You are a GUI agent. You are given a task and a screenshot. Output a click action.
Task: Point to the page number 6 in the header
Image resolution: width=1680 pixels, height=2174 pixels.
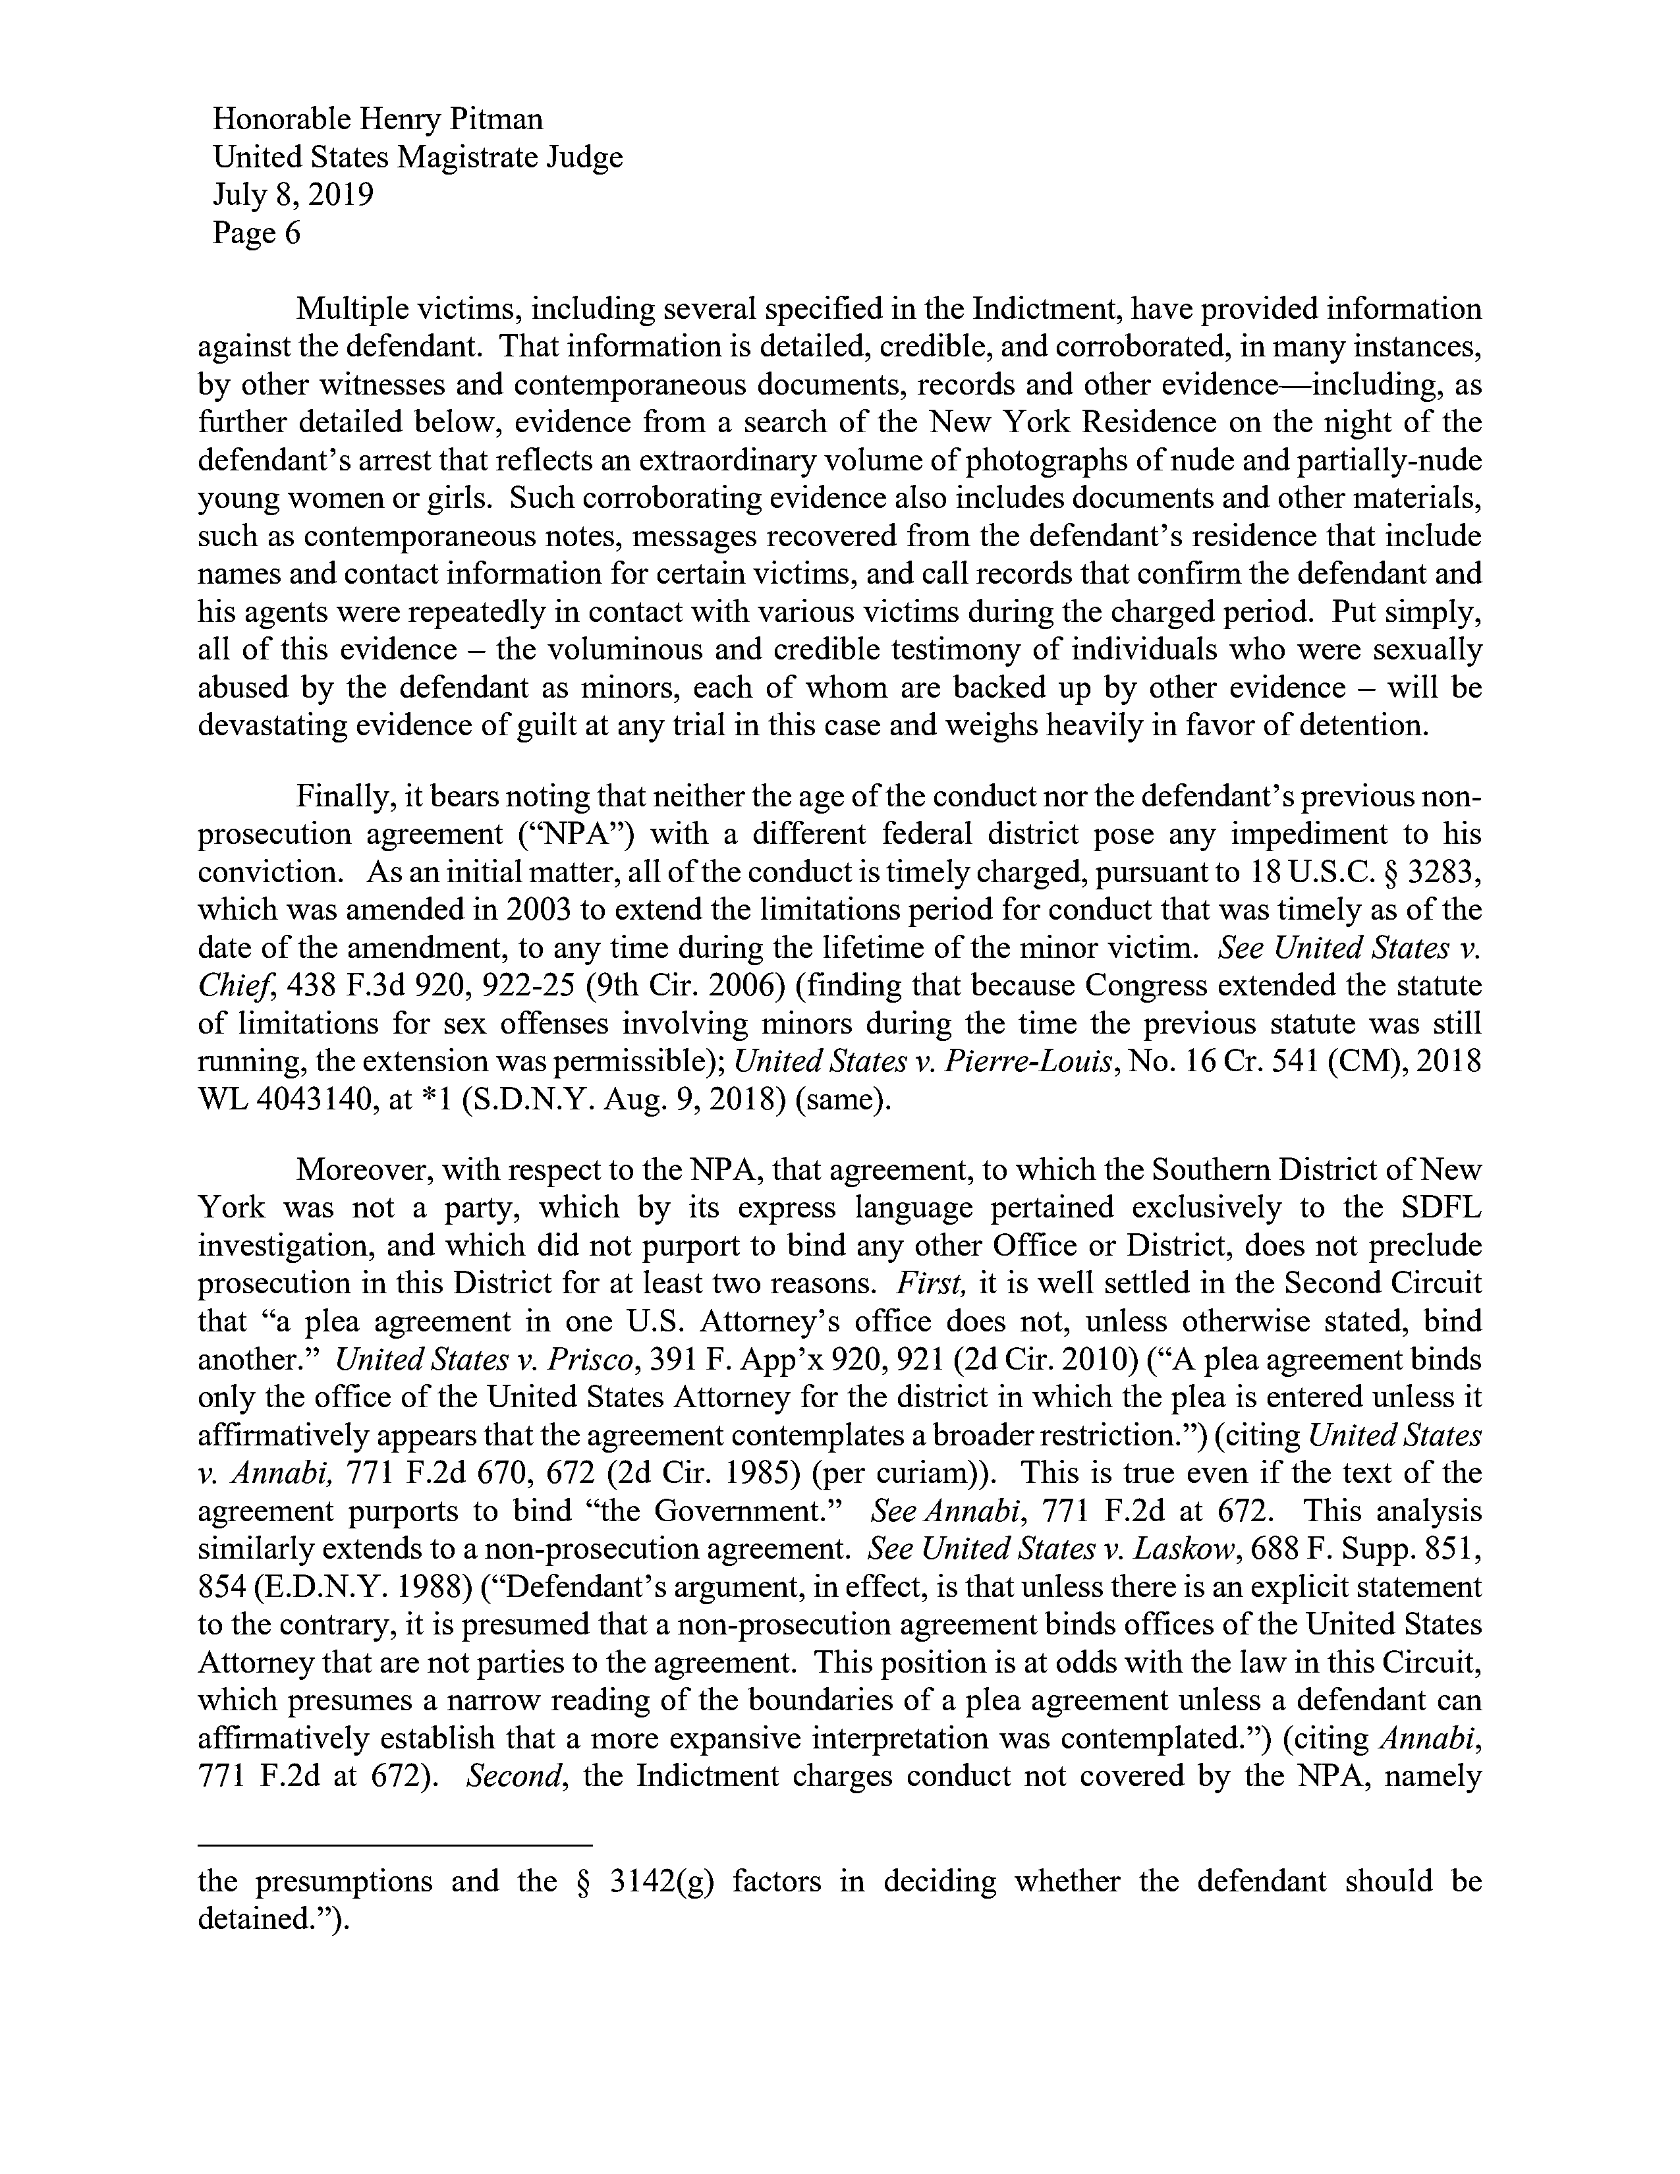(292, 233)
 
